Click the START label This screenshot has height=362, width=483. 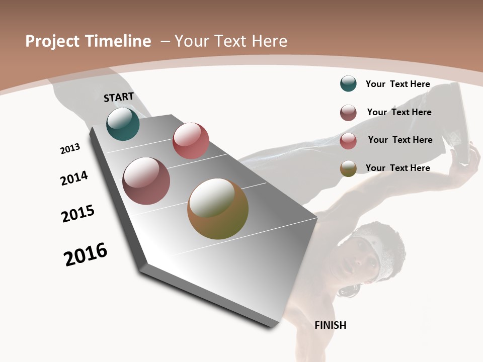(119, 97)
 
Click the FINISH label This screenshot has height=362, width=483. (330, 325)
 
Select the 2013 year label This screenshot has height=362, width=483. (70, 148)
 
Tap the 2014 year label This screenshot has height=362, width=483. (74, 178)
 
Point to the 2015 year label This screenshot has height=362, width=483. (78, 214)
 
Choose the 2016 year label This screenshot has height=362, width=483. (86, 254)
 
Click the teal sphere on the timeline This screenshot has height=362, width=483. (123, 124)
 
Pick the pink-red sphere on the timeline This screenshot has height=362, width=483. (191, 141)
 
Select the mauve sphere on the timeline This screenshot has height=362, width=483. (146, 181)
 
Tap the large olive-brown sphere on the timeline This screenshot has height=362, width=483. (218, 209)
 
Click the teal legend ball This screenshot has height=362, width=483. (348, 84)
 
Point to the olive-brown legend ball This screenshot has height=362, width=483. (348, 168)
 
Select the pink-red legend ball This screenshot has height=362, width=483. (348, 141)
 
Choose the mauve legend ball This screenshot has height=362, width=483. (348, 113)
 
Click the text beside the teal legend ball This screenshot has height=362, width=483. (397, 84)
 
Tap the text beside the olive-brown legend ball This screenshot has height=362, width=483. (397, 168)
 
